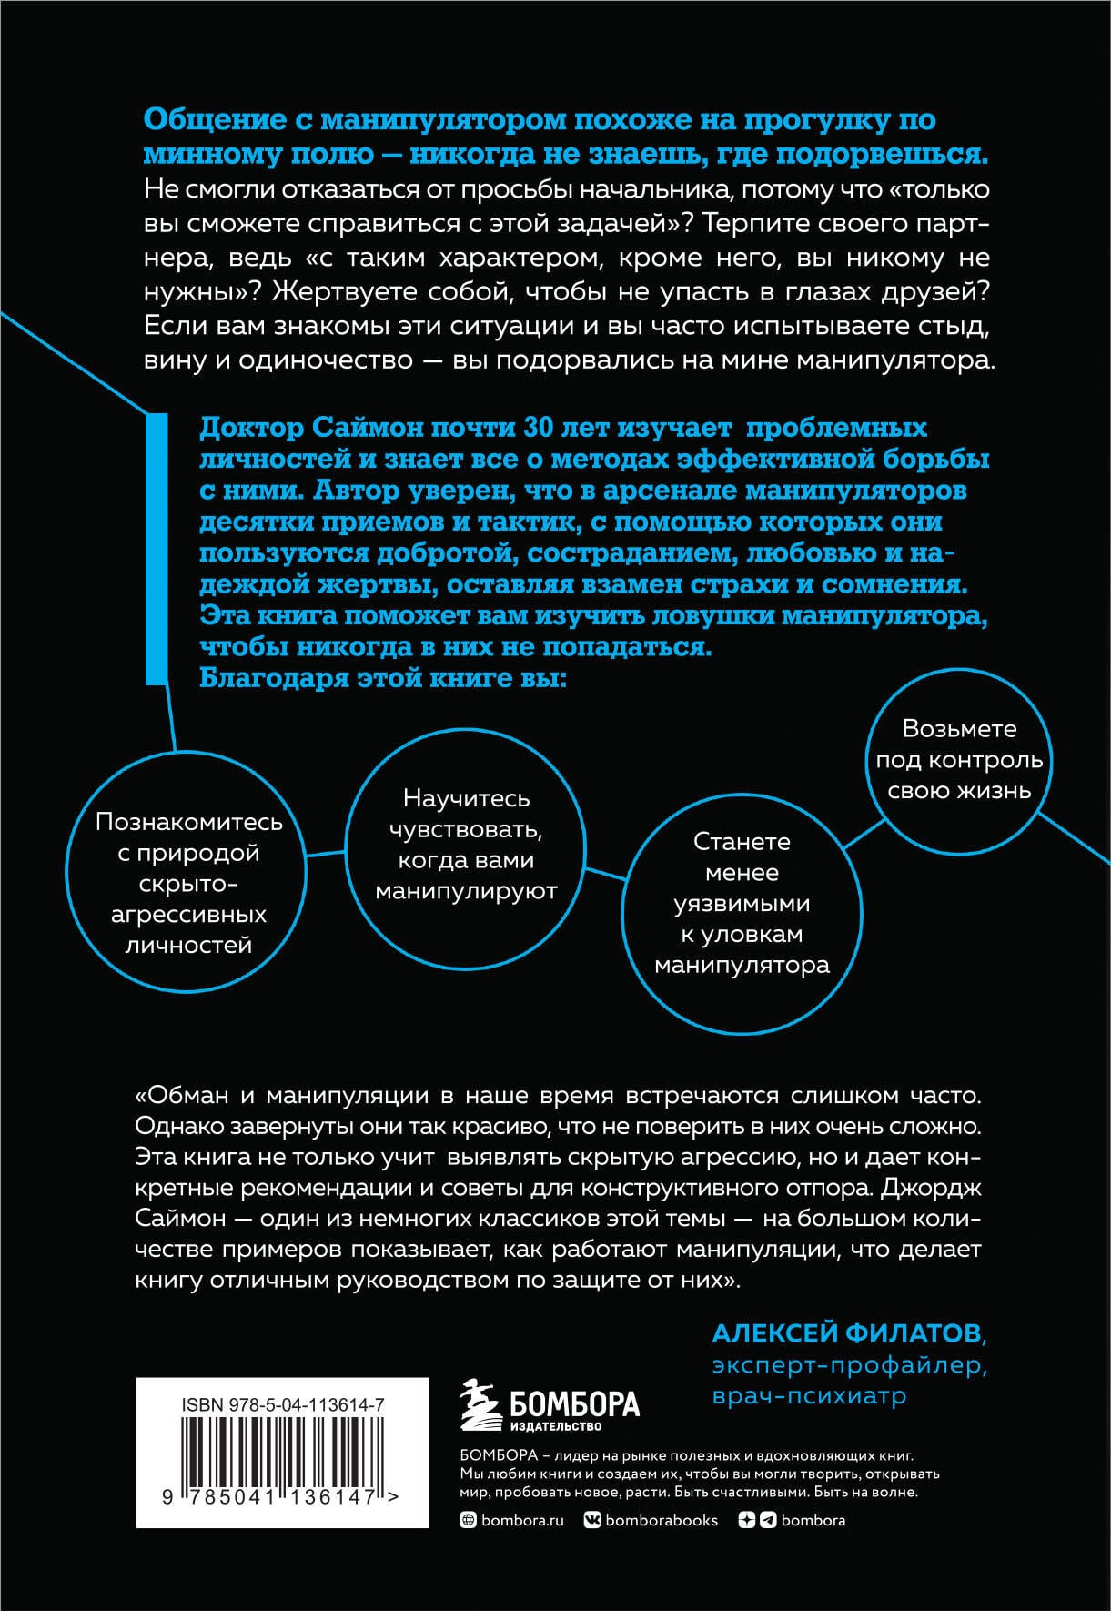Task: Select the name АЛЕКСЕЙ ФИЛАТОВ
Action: click(846, 1333)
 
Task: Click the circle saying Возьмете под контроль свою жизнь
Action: click(959, 759)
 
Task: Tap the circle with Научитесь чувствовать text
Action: click(466, 844)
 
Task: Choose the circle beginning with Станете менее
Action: click(742, 902)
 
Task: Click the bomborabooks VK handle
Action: click(661, 1520)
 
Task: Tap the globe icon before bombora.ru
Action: click(469, 1520)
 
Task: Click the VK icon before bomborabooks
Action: click(591, 1520)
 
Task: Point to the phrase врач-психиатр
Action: click(809, 1395)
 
